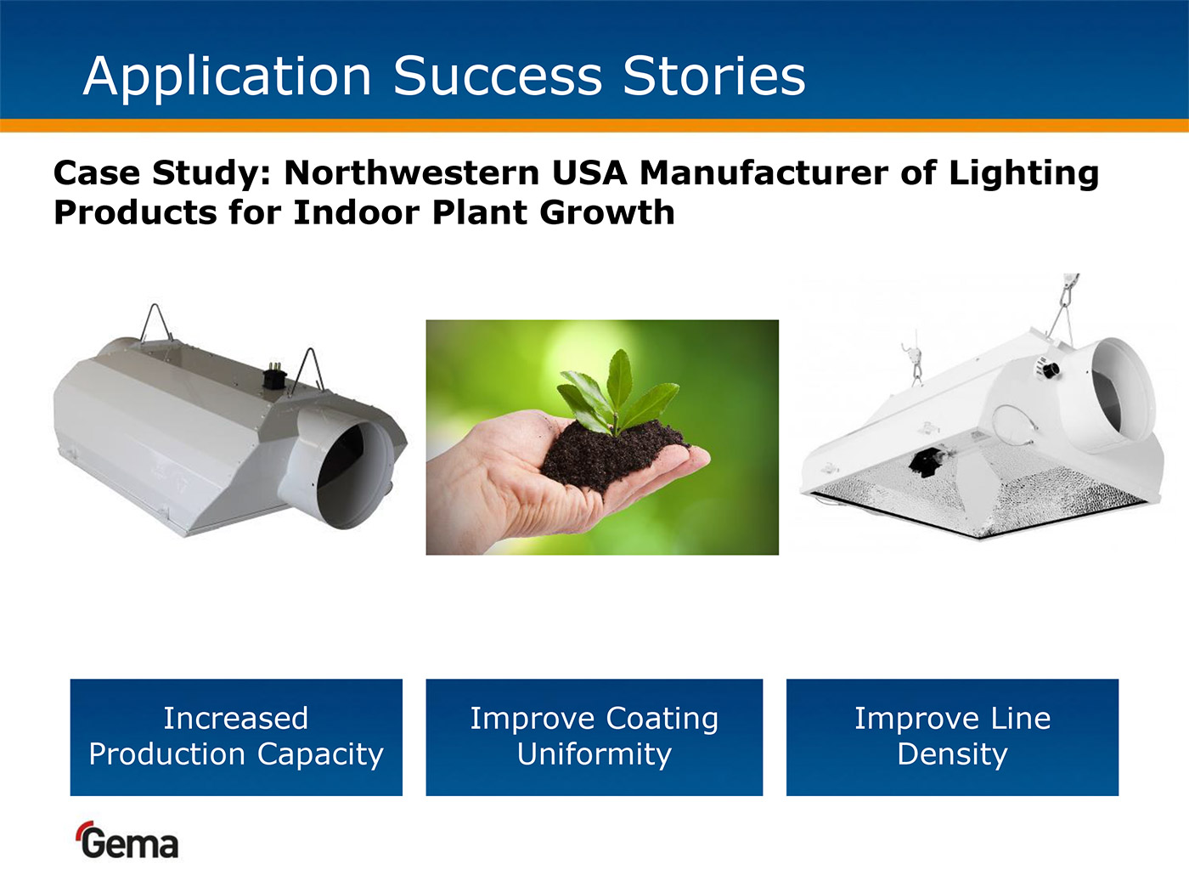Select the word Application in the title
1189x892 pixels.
tap(227, 78)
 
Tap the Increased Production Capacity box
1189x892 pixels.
tap(236, 737)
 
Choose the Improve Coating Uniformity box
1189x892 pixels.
tap(594, 737)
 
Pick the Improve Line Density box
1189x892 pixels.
tap(952, 737)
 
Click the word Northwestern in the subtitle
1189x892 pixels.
tap(412, 172)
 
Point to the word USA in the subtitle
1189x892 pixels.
tap(589, 172)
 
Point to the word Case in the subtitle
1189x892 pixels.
tap(97, 172)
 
